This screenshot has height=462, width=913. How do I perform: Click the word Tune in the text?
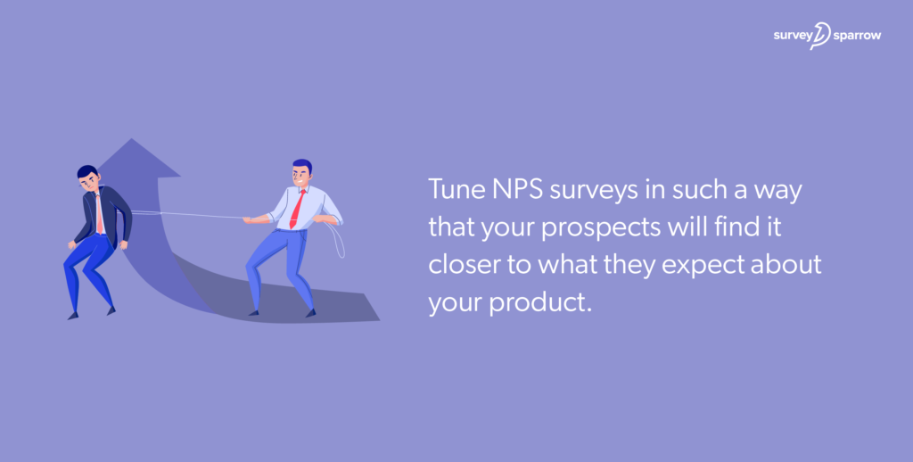click(451, 190)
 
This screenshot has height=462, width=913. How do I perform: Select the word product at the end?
click(546, 303)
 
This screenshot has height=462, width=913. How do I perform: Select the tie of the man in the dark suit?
click(99, 215)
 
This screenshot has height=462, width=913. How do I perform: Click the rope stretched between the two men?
click(187, 214)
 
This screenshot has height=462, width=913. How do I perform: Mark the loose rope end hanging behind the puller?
click(340, 241)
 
